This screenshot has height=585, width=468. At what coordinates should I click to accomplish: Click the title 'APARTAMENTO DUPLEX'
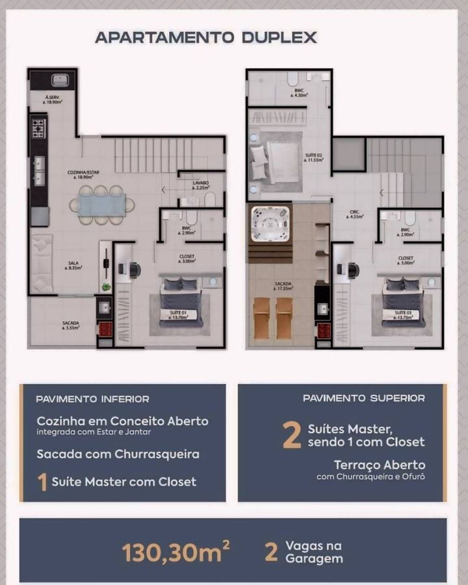(206, 37)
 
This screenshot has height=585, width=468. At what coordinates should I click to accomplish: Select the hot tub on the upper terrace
(270, 223)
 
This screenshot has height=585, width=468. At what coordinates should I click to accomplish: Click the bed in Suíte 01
(181, 302)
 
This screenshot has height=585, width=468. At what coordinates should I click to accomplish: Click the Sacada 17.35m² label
(282, 286)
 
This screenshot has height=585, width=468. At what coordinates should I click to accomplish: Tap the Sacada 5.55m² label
(71, 325)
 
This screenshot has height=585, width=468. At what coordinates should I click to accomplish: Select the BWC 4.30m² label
(299, 93)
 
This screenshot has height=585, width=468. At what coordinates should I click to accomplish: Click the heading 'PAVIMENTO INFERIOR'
(92, 399)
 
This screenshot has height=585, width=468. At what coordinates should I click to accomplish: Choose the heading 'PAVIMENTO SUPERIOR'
(364, 398)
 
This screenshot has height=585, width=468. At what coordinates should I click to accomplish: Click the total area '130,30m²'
(175, 552)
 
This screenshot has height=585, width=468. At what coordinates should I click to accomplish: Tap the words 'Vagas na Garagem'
(313, 552)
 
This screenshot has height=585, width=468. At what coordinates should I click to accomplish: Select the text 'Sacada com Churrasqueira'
(118, 454)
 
